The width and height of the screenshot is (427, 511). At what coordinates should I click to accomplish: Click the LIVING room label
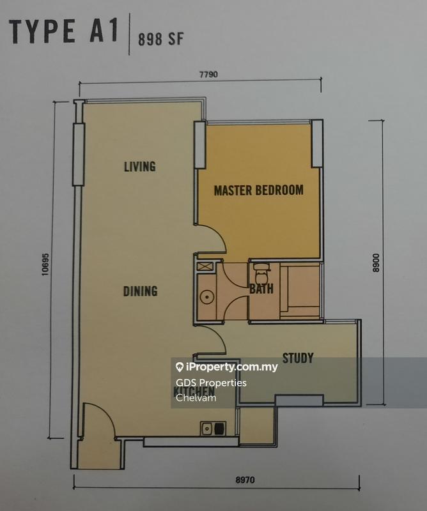coord(140,167)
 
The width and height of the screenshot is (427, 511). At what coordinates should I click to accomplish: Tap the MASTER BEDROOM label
coord(258,190)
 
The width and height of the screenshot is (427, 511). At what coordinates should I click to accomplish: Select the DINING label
coord(140,291)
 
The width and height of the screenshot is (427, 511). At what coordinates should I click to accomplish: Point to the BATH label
coord(261,289)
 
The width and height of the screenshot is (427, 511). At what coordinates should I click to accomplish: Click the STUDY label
coord(297,358)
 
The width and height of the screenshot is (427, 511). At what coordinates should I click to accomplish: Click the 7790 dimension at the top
coord(209,74)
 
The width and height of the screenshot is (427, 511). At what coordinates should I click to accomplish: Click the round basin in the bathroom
coord(206,298)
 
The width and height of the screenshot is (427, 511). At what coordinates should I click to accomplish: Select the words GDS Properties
coord(210,383)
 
